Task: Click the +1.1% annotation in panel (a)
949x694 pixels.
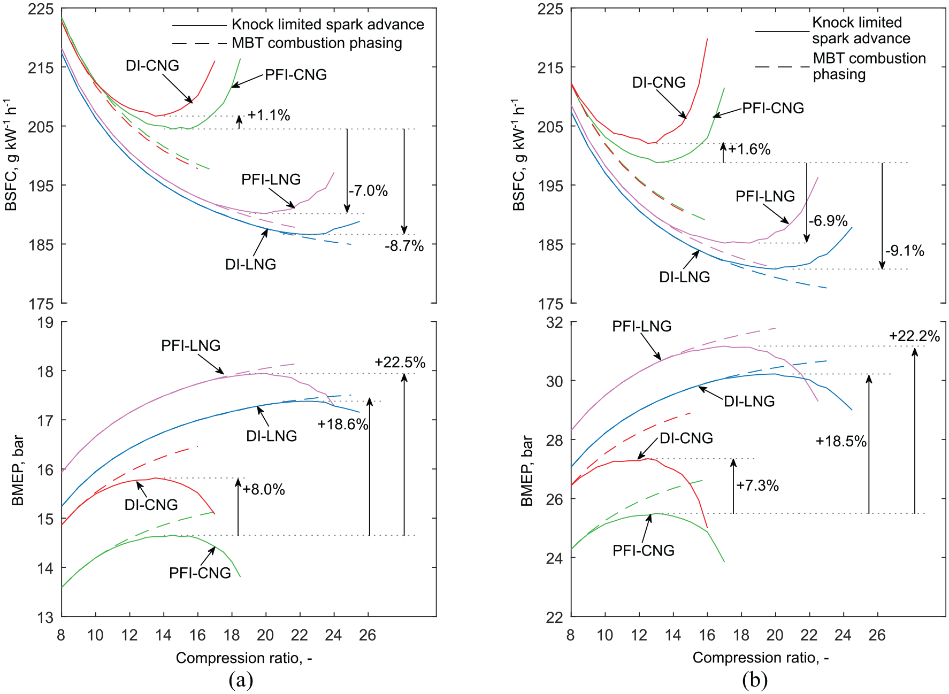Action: [269, 115]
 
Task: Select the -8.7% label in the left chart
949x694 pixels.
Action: [404, 246]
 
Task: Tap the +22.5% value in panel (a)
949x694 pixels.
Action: [400, 363]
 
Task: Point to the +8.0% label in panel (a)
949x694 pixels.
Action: [264, 489]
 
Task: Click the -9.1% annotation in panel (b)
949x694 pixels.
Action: [905, 251]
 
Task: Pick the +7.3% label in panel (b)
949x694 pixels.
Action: [757, 485]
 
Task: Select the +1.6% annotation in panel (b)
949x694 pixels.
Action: [749, 149]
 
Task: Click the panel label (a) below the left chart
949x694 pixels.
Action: [241, 680]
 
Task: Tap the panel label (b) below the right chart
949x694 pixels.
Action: [755, 680]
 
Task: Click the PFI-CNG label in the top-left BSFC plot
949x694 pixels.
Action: [296, 75]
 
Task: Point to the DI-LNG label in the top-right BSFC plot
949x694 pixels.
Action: [685, 277]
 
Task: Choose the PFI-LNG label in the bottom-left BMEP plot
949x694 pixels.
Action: [191, 345]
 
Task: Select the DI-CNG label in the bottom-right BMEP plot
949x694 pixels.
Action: [686, 438]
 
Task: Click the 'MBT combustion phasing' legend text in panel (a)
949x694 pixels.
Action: [317, 43]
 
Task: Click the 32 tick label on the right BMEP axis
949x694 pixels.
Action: [555, 322]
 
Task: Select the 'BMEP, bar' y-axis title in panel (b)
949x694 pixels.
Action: [527, 471]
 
